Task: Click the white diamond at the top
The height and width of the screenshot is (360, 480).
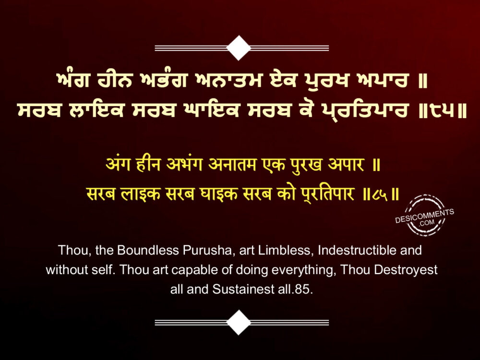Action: point(239,48)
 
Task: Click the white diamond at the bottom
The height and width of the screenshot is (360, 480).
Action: point(239,322)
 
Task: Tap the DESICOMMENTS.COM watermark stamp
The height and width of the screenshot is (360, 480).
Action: point(425,215)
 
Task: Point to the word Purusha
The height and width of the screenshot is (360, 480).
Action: point(207,251)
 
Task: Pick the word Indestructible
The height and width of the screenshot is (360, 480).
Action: point(357,251)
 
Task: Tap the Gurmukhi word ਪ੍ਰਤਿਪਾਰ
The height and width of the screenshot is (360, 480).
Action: point(365,110)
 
